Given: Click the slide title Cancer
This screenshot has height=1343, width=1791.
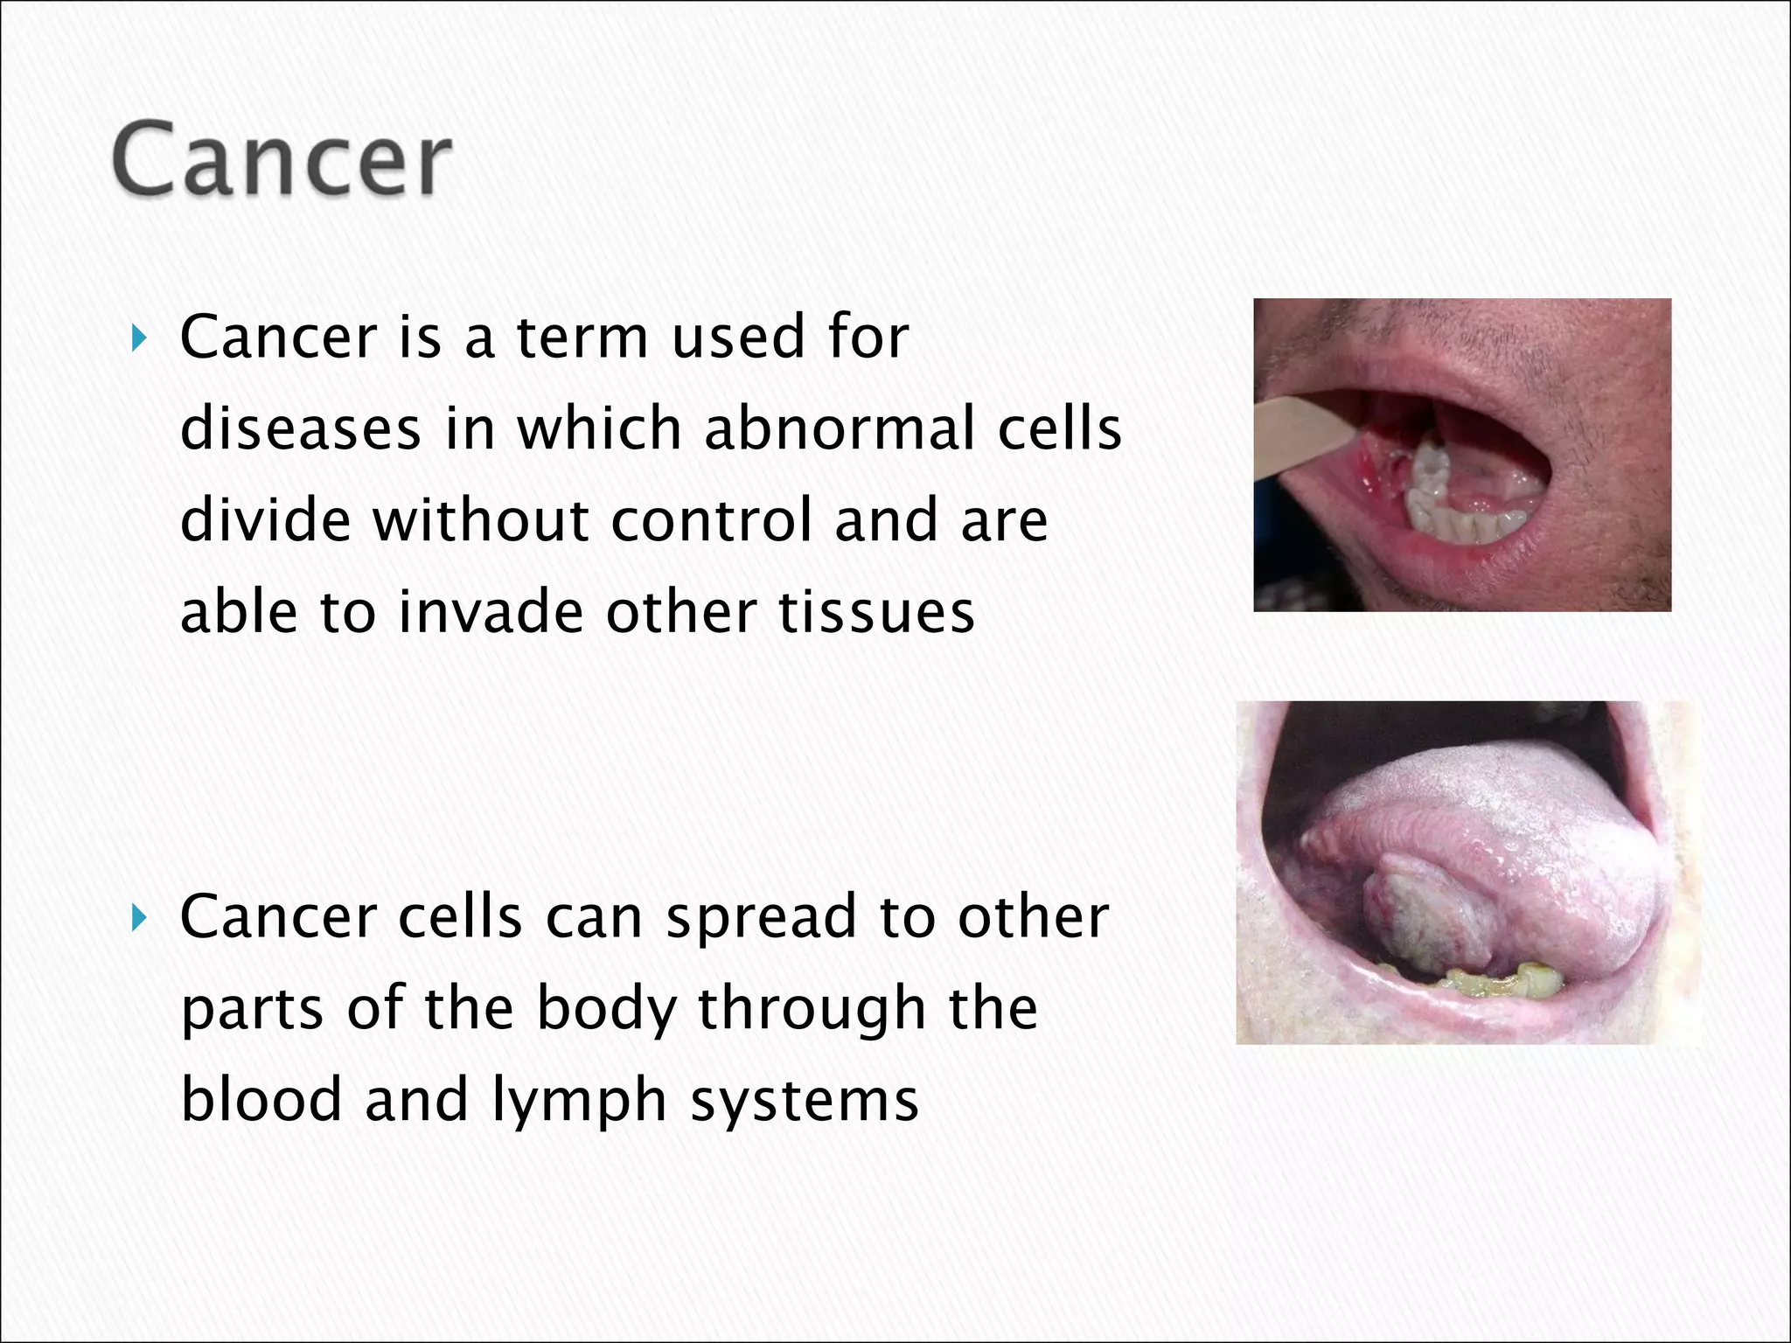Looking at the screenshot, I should click(x=282, y=160).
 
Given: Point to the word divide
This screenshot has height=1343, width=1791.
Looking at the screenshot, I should click(x=265, y=520).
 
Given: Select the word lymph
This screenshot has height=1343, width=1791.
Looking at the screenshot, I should click(x=580, y=1102).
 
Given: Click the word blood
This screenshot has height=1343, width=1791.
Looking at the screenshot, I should click(x=261, y=1100).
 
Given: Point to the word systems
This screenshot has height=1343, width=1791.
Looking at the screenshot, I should click(x=805, y=1102).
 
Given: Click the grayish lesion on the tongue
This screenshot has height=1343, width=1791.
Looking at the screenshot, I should click(x=1421, y=918).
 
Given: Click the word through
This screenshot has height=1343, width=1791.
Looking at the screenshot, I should click(x=812, y=1009).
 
